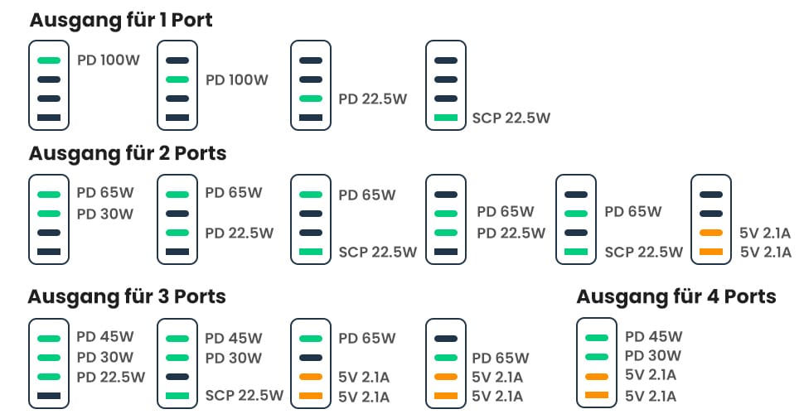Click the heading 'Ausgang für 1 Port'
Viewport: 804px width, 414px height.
click(121, 21)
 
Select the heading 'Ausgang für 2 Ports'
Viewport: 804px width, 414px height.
click(128, 154)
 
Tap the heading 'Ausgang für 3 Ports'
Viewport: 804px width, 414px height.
click(127, 297)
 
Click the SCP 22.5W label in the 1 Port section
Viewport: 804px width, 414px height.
click(511, 118)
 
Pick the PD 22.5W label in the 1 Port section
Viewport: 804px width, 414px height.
click(373, 99)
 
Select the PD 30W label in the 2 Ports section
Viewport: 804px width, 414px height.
click(105, 214)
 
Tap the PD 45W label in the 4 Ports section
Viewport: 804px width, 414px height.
click(654, 337)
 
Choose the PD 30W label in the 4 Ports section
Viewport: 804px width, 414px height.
click(653, 355)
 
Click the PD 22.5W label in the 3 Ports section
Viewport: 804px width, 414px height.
click(111, 377)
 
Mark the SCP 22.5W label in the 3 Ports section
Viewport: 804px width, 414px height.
click(245, 396)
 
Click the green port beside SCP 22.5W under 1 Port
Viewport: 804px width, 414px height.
click(446, 118)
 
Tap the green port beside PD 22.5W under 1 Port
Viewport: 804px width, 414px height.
click(311, 99)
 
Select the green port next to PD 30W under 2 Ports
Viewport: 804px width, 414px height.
click(49, 214)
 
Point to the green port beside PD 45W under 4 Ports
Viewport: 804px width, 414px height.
click(597, 338)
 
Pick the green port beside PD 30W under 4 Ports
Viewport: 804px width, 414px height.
click(597, 357)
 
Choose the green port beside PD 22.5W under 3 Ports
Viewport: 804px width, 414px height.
click(49, 377)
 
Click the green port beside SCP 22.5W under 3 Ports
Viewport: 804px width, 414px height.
click(177, 396)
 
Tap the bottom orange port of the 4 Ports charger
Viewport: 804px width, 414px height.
click(597, 395)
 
